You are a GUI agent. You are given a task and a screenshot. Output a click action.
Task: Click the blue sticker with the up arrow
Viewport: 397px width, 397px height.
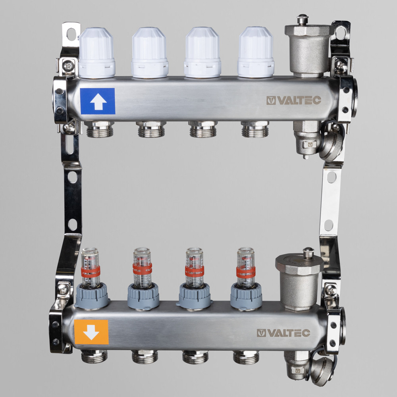click(98, 101)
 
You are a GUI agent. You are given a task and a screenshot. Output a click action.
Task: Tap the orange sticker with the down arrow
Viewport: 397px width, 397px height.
click(91, 332)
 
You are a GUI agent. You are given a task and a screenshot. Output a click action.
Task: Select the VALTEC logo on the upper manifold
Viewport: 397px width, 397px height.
click(294, 100)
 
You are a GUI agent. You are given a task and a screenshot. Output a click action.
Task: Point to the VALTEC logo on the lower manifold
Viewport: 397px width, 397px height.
click(283, 333)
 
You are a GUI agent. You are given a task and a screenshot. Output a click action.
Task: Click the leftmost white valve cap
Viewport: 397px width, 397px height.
click(96, 53)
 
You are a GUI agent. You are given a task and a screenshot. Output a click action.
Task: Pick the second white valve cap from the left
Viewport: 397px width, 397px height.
click(150, 52)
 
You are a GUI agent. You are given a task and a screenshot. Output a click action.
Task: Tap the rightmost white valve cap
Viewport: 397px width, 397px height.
click(256, 52)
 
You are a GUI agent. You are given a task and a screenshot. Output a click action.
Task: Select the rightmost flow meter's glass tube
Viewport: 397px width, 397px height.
click(246, 268)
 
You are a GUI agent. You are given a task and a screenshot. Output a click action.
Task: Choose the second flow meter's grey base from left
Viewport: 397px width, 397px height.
click(143, 296)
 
